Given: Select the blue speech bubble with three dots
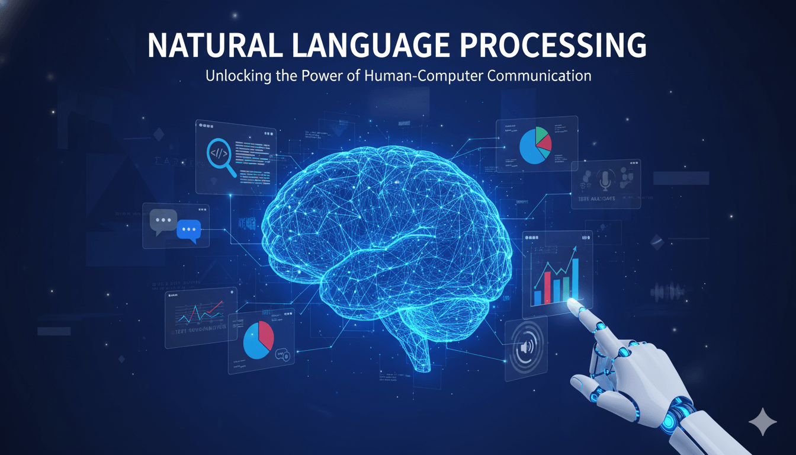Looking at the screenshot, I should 190,229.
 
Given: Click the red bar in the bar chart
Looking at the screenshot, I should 547,287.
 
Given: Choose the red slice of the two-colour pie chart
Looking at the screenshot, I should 266,334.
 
